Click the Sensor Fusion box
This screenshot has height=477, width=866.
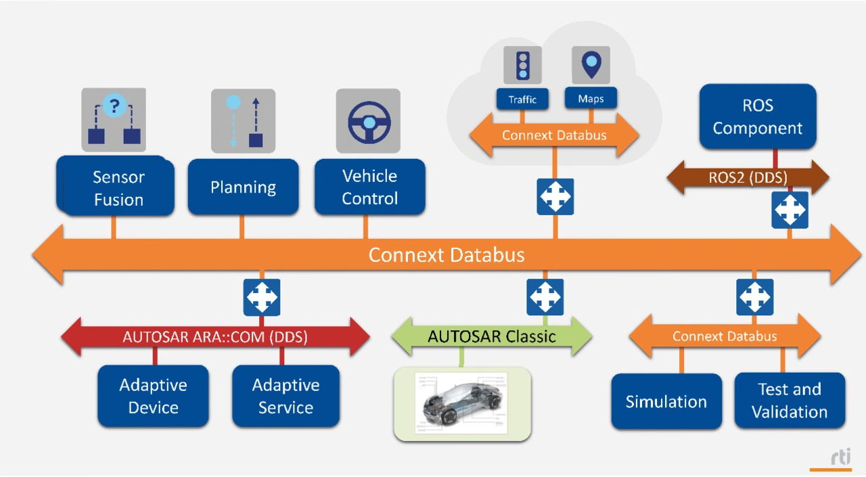point(115,186)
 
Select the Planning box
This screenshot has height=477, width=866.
point(243,187)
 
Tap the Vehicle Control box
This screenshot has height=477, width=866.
point(370,187)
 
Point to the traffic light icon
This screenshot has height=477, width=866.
point(523,64)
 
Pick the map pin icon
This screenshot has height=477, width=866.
point(591,64)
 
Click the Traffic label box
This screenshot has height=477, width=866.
point(522,99)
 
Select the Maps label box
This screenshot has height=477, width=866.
point(591,99)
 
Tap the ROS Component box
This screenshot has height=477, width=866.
point(758,116)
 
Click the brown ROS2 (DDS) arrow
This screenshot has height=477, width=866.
point(748,177)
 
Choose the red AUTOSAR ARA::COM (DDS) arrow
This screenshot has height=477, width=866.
point(215,337)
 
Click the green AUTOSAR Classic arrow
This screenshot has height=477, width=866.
point(492,336)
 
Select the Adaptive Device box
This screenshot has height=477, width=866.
point(153,396)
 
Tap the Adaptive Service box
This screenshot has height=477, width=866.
point(286,396)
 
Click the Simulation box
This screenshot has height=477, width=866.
point(666,401)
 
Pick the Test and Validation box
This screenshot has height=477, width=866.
point(790,401)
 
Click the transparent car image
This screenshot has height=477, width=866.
point(462,403)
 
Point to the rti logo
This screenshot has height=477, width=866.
point(841,457)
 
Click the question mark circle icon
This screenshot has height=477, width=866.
point(114,106)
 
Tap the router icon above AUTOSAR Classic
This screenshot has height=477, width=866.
point(545,297)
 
